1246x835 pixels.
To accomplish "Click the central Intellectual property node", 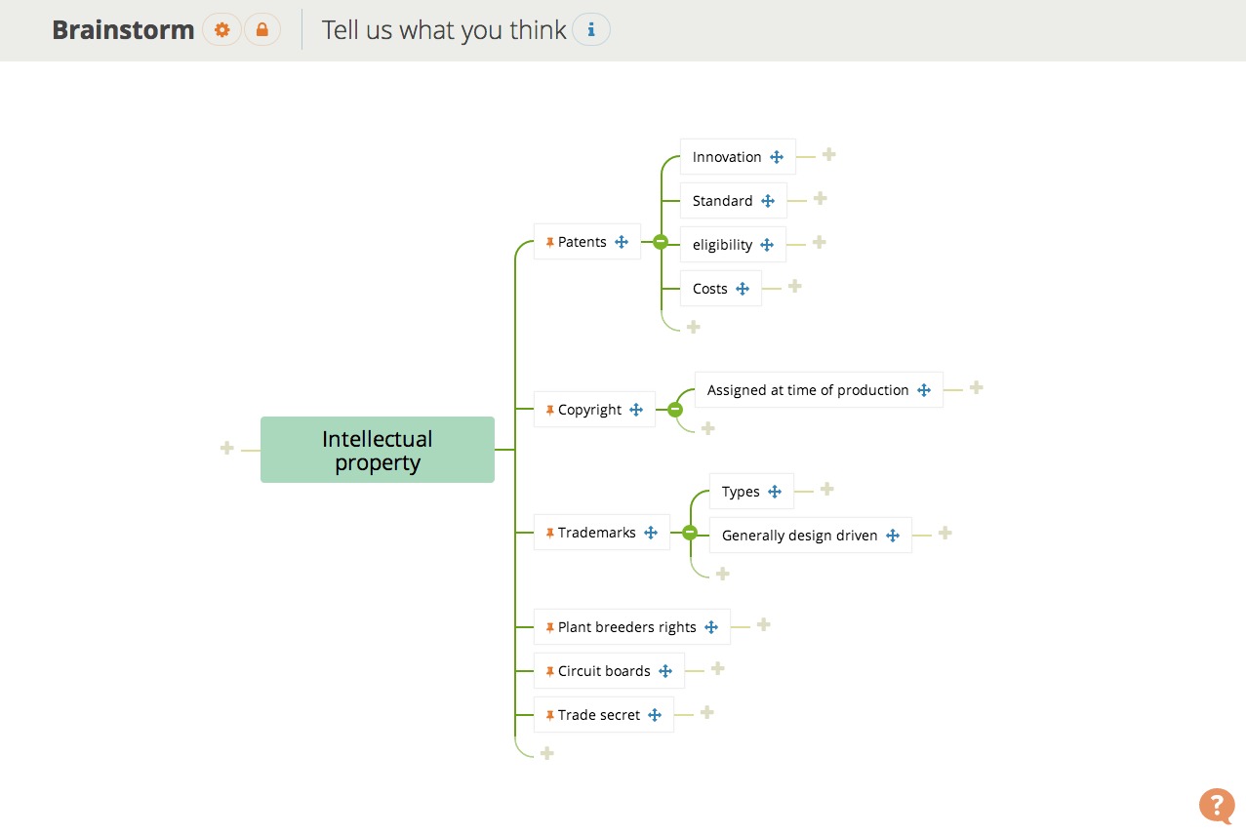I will pyautogui.click(x=377, y=450).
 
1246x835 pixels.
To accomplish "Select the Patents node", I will pyautogui.click(x=583, y=242).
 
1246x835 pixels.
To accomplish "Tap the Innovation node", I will pyautogui.click(x=726, y=157).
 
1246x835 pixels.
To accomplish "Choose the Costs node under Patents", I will pyautogui.click(x=709, y=289).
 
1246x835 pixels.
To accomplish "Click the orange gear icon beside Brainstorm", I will pyautogui.click(x=222, y=30).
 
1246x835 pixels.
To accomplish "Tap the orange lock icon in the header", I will pyautogui.click(x=261, y=30).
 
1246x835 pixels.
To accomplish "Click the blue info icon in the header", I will pyautogui.click(x=590, y=30).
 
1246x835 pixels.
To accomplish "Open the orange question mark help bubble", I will pyautogui.click(x=1216, y=805).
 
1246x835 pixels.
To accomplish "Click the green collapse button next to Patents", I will pyautogui.click(x=661, y=242).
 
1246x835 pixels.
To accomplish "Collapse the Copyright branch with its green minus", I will pyautogui.click(x=675, y=410).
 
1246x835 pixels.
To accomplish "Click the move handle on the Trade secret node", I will pyautogui.click(x=655, y=715).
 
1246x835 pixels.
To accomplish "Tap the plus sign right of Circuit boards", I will pyautogui.click(x=717, y=668).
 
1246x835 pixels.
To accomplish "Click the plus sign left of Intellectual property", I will pyautogui.click(x=227, y=448).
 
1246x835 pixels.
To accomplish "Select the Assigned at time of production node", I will pyautogui.click(x=807, y=390).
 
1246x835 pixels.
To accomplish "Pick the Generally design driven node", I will pyautogui.click(x=799, y=536).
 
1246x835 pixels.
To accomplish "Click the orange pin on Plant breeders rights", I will pyautogui.click(x=550, y=627).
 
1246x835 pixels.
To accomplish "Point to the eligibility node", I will pyautogui.click(x=722, y=245).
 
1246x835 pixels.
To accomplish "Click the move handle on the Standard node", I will pyautogui.click(x=768, y=201).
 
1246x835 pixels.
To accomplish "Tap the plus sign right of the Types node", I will pyautogui.click(x=826, y=489).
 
